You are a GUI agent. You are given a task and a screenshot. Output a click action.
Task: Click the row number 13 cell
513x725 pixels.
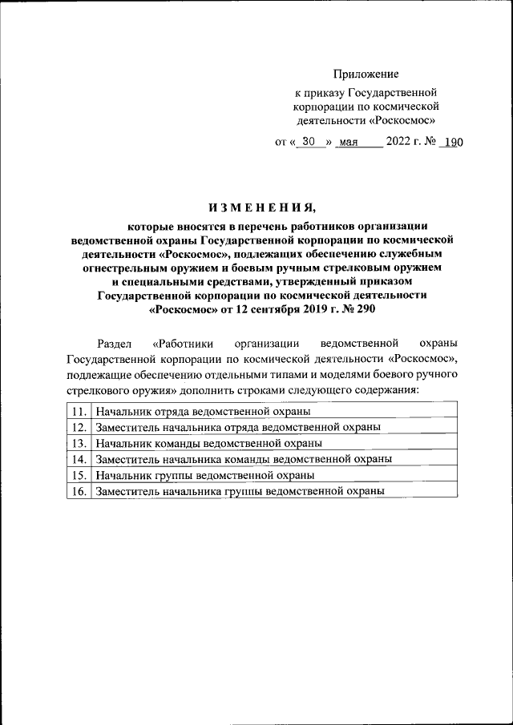[x=79, y=442]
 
